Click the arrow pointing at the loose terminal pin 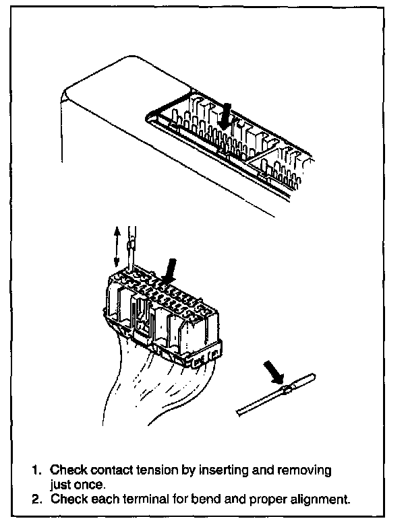[x=274, y=371]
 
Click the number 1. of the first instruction [x=37, y=470]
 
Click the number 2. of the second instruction [x=37, y=499]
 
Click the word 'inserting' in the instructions [x=216, y=470]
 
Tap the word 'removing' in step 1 [x=309, y=470]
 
